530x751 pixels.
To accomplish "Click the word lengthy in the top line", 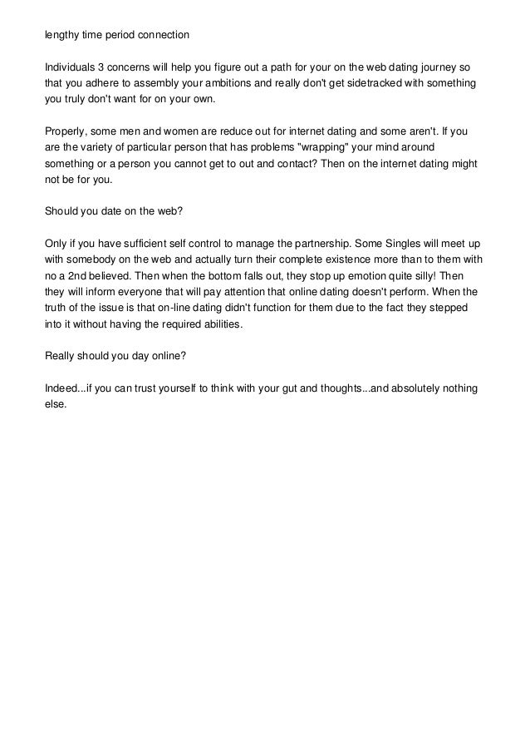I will (x=61, y=35).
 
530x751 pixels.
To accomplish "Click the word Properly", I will (x=64, y=132).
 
